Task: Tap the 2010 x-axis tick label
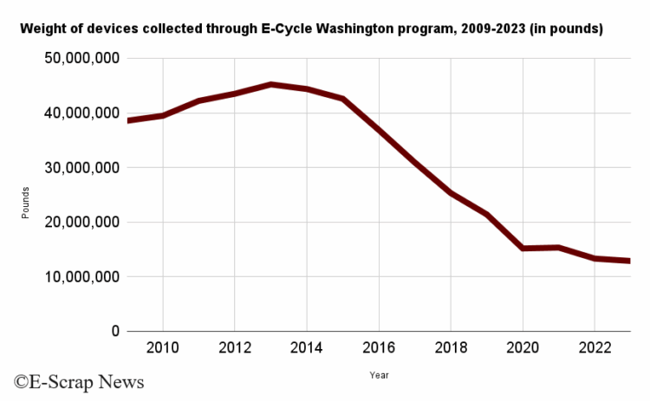point(163,349)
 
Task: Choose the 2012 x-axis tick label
point(235,349)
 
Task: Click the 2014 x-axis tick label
point(307,349)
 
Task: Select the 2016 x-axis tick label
point(379,349)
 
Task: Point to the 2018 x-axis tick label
point(451,349)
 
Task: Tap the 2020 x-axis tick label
point(523,349)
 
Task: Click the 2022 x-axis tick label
point(595,349)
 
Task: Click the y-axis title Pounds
point(26,201)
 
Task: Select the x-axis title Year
point(379,375)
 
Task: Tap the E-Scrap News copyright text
point(78,381)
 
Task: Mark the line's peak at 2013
point(271,85)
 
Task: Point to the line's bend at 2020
point(523,249)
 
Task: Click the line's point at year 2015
point(343,99)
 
